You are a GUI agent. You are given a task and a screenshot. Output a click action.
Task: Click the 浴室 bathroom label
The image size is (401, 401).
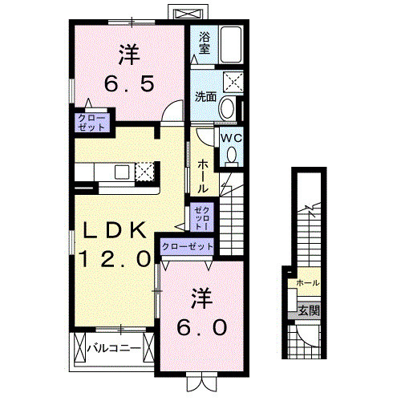point(204,43)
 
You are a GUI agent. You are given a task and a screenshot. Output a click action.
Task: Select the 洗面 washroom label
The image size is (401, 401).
point(205,97)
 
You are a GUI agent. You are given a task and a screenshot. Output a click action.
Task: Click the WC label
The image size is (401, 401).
point(230,137)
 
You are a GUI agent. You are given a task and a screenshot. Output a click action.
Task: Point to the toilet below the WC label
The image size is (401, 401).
point(232,156)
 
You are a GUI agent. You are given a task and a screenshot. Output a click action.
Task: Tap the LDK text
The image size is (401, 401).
point(116,231)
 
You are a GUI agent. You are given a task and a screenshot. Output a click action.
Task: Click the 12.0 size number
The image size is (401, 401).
point(115,259)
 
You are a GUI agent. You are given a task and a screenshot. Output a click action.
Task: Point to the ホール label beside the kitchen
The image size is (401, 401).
point(203,176)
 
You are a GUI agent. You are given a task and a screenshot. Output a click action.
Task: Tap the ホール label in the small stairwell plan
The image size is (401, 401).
point(307,283)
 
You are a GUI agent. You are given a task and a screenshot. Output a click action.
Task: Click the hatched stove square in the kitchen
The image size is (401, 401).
point(144,171)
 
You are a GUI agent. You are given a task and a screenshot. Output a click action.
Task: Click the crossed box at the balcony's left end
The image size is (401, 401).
point(79,349)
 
